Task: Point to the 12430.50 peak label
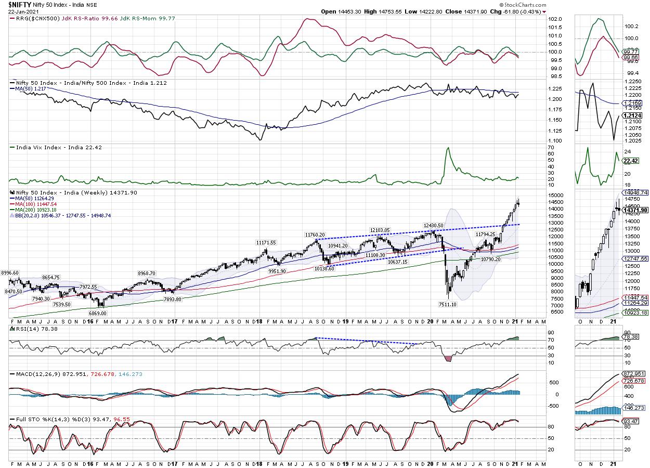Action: click(434, 225)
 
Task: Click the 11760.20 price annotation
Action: click(315, 235)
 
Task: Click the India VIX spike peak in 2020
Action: click(447, 148)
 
